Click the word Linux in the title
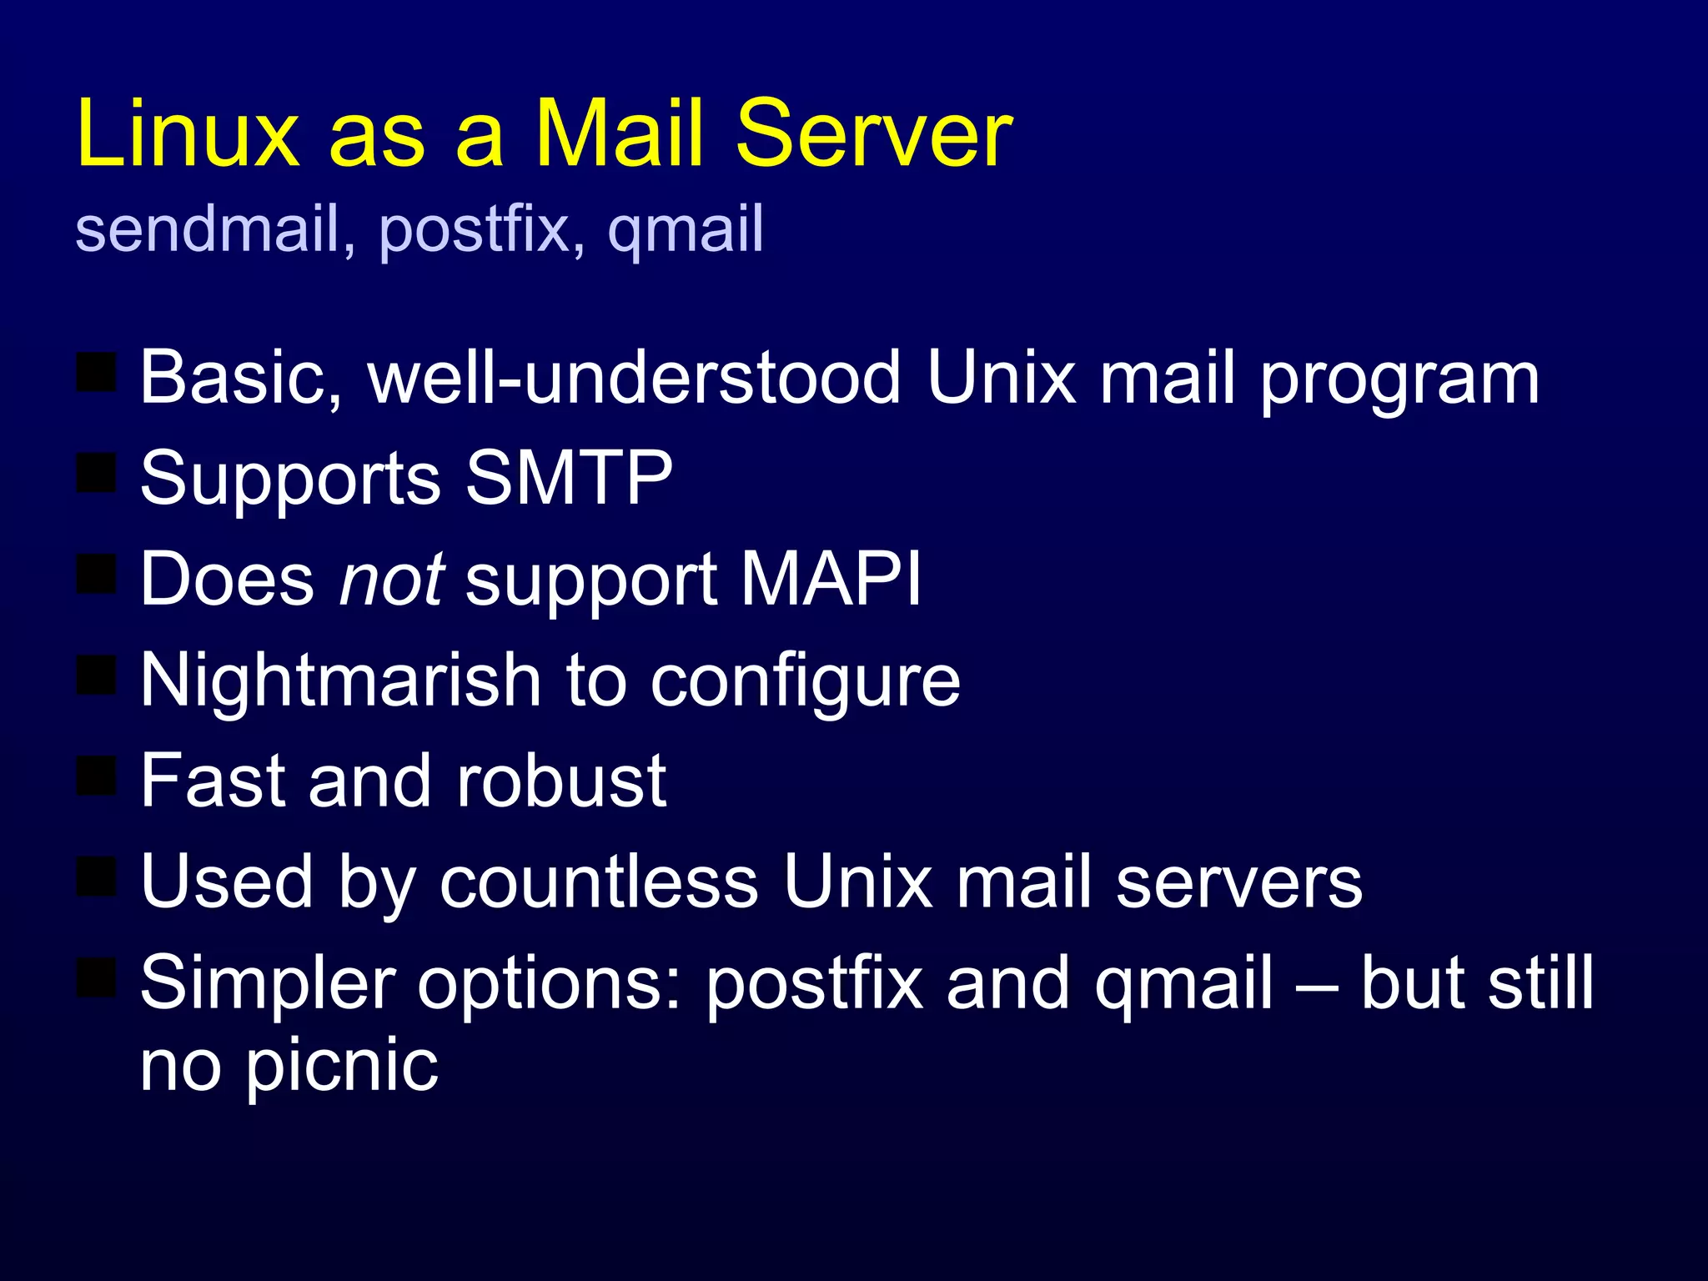click(188, 133)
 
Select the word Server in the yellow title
click(874, 133)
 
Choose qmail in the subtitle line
click(686, 230)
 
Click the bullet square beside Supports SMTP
click(97, 473)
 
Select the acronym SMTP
click(569, 477)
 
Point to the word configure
click(805, 682)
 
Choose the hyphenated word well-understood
click(635, 377)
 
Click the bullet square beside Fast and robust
click(97, 776)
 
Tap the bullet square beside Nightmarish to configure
click(97, 675)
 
